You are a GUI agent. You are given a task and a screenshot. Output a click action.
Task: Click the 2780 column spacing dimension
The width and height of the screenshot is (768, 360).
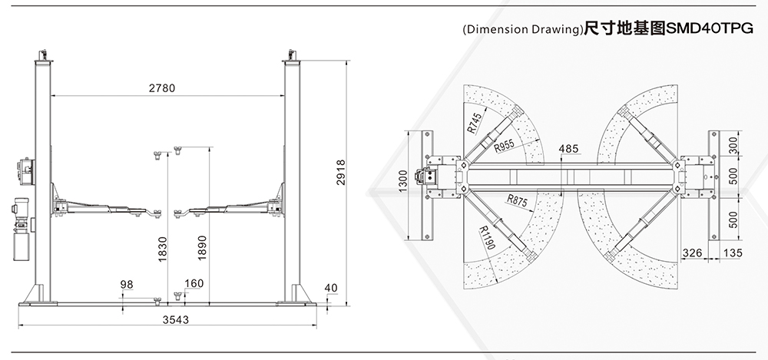(x=161, y=88)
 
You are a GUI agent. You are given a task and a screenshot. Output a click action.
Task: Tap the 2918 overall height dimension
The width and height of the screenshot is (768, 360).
(x=341, y=173)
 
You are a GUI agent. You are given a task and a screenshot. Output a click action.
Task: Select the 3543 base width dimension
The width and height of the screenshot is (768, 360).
(x=176, y=320)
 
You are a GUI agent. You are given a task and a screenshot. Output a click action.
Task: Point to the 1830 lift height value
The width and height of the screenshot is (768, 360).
(x=163, y=249)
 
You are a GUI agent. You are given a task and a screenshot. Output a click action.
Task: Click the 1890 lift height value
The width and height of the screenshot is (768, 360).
(x=202, y=248)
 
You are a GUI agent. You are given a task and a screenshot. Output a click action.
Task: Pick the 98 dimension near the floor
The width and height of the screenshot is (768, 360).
(x=127, y=285)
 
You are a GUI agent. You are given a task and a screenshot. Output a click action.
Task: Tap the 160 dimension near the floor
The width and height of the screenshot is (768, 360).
(x=194, y=283)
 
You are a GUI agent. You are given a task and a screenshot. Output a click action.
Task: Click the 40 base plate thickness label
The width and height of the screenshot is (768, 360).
(x=331, y=288)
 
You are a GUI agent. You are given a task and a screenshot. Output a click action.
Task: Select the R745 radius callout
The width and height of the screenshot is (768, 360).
(x=474, y=123)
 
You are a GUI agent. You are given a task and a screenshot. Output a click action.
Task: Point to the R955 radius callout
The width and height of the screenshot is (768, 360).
(x=504, y=146)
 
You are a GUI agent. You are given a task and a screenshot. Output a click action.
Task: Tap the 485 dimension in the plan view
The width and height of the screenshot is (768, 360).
(x=568, y=148)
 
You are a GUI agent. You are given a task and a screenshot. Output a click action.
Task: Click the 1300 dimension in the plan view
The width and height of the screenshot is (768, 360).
(x=403, y=180)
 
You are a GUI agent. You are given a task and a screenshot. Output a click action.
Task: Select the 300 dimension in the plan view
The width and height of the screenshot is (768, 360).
(x=733, y=146)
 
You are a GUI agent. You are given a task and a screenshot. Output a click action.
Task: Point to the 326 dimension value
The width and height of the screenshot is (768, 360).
(x=692, y=253)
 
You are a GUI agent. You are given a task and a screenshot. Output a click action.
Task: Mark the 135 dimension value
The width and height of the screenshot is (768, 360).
(x=733, y=253)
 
